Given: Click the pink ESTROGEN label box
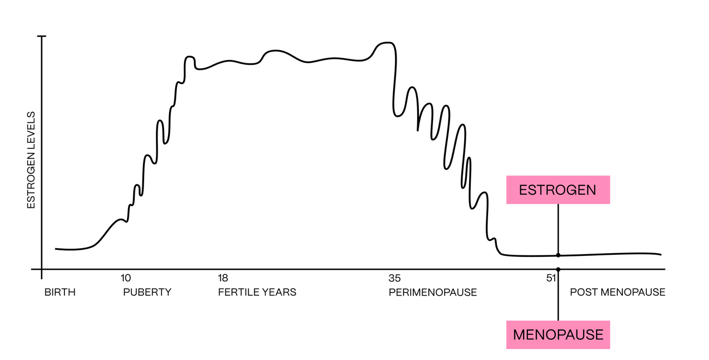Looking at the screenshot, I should pos(557,190).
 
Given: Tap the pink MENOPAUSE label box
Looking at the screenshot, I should pos(557,334).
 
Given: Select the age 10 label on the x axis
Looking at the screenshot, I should pos(125,277).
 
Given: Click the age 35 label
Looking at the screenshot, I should pos(394,277).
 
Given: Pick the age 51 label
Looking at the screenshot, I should pos(551,277).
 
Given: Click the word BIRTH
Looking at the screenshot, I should pos(60,292).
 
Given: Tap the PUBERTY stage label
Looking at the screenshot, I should pos(147,292).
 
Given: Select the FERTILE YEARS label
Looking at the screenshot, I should pos(257,292).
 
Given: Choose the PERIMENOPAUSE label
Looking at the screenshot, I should pos(432,292).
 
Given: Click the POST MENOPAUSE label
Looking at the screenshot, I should pos(617,292).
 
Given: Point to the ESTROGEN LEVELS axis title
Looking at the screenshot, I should pos(31,160).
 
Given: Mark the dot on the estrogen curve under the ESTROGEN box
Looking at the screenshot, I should pos(558,255).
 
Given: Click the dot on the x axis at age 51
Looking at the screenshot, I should pos(558,269).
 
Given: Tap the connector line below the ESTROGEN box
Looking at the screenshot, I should pos(558,229).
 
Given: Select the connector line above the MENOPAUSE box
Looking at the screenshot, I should pos(558,297).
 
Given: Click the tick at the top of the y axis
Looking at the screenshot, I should pos(41,36).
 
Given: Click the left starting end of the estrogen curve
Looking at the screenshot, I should pos(56,249).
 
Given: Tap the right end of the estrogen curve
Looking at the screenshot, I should pos(660,254).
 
